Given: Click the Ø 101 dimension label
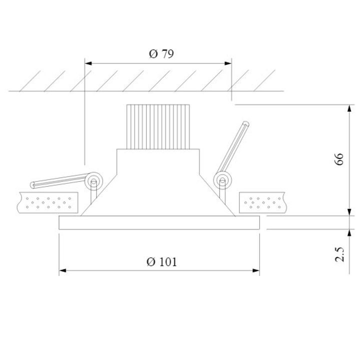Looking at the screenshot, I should [161, 261].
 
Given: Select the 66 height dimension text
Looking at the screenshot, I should [339, 159].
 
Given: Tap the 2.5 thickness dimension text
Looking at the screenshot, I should [340, 254].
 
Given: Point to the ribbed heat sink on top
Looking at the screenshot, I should [158, 126].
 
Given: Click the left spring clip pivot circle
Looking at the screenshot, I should [93, 181].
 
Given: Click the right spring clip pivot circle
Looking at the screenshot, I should [221, 180].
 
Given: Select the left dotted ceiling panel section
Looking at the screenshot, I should [47, 201].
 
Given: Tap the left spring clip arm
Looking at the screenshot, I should [60, 180].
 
